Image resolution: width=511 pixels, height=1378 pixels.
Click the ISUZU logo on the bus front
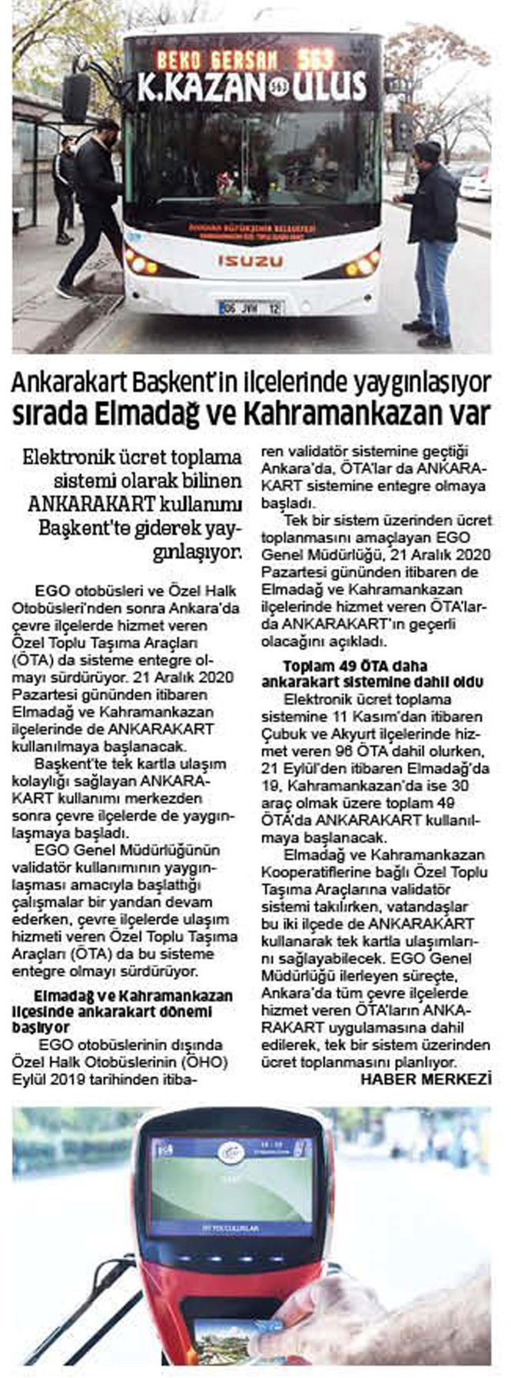click(x=251, y=261)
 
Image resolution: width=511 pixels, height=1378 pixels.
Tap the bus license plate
click(x=251, y=308)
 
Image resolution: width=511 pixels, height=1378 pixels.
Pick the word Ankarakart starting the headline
click(x=65, y=382)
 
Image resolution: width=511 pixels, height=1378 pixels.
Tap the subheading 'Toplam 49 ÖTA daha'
click(x=354, y=666)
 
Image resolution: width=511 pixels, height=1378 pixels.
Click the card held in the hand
click(x=223, y=1337)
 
